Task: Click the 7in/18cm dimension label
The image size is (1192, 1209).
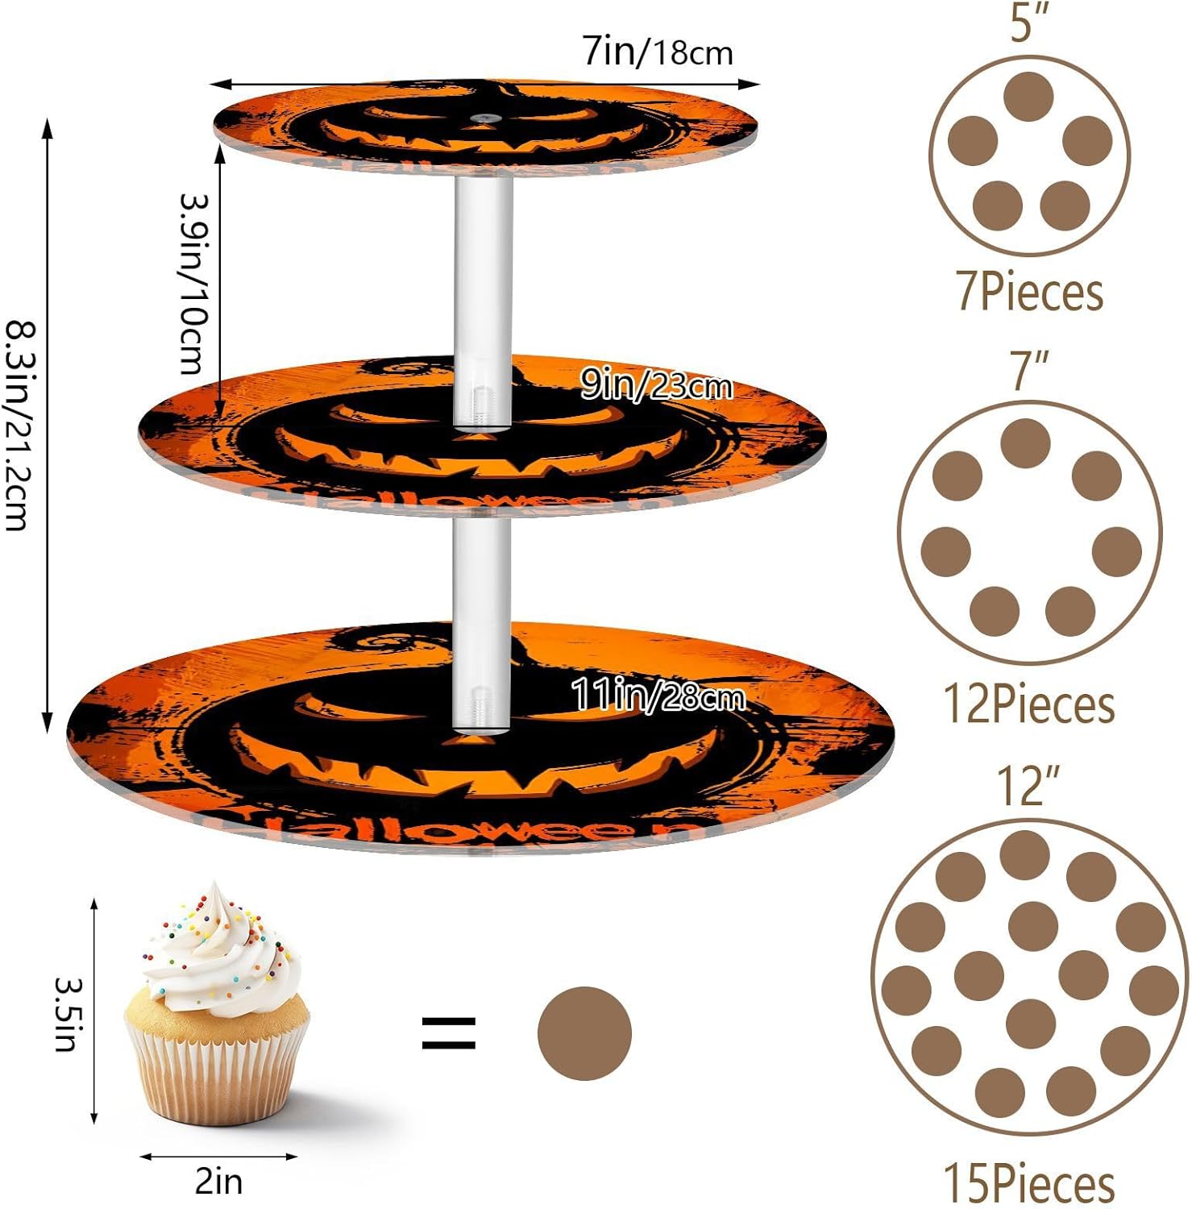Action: click(658, 52)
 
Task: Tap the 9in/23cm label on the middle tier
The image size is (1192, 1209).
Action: click(656, 386)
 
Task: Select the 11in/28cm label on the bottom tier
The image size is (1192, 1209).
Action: click(658, 695)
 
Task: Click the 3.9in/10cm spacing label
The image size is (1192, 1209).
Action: click(194, 284)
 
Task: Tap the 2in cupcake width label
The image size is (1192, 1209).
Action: click(218, 1182)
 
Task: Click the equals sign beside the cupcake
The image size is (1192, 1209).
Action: click(449, 1033)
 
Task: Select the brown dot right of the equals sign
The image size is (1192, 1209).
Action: click(584, 1033)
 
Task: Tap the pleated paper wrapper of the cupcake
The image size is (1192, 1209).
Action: click(216, 1076)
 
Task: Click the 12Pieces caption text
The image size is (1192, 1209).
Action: click(1029, 704)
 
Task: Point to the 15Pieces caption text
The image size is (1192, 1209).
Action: click(1029, 1184)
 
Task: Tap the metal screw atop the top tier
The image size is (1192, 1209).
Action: click(483, 118)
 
